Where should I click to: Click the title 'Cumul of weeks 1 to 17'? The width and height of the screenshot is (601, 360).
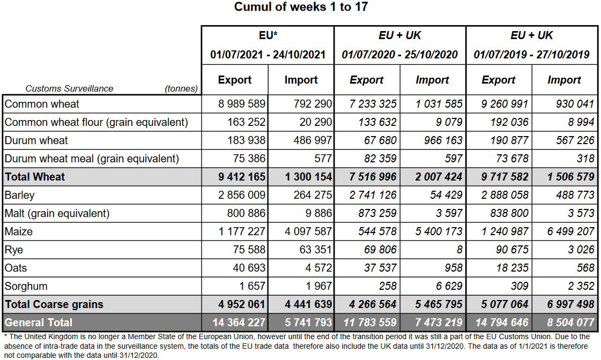[x=301, y=7]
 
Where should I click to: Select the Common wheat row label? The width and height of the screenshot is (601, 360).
[x=42, y=104]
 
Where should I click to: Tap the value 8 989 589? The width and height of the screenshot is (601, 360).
[x=242, y=104]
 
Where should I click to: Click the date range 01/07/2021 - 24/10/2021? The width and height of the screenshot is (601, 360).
[x=268, y=55]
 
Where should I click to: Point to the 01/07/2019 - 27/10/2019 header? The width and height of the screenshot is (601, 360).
[x=531, y=55]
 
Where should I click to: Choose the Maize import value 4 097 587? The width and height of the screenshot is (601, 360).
[x=308, y=231]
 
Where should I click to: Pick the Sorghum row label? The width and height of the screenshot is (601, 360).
[x=26, y=286]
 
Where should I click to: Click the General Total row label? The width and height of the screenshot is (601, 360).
[x=39, y=322]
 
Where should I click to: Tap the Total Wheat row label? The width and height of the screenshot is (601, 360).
[x=35, y=177]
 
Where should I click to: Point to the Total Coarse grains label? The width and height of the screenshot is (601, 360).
[x=54, y=304]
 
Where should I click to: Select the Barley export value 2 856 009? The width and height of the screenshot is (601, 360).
[x=242, y=195]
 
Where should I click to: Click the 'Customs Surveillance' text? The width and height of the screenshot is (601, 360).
[x=69, y=89]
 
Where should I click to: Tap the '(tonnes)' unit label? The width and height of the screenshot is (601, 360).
[x=181, y=89]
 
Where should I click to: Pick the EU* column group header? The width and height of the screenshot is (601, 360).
[x=268, y=35]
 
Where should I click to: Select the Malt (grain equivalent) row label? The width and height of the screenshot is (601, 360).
[x=57, y=213]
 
